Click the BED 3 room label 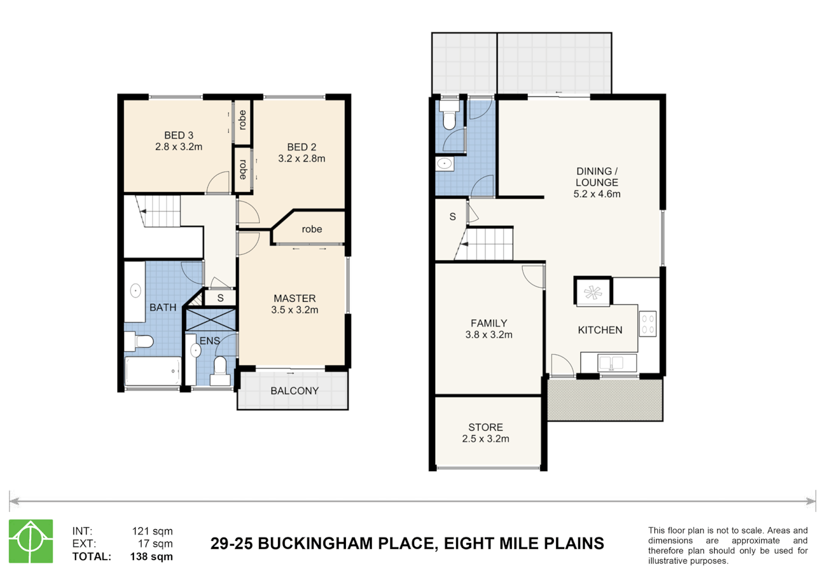tap(179, 135)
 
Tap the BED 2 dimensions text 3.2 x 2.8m tap(301, 159)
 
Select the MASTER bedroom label tap(294, 299)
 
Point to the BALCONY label tap(294, 391)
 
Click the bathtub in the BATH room tap(153, 371)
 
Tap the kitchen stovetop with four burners tap(647, 324)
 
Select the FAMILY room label tap(489, 323)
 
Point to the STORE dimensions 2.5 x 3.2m tap(485, 439)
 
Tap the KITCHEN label tap(600, 330)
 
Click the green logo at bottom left tap(31, 541)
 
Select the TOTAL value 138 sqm tap(151, 557)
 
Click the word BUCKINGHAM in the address tap(346, 544)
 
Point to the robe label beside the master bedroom tap(312, 229)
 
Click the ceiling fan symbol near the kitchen tap(593, 293)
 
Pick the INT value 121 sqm tap(152, 531)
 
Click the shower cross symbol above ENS tap(211, 319)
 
